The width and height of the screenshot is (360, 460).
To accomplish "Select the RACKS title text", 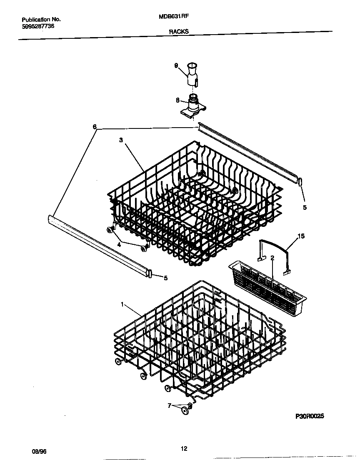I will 179,31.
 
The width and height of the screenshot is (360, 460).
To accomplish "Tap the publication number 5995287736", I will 37,26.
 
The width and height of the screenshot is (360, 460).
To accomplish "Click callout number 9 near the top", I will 176,65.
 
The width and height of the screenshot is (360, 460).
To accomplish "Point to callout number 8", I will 177,100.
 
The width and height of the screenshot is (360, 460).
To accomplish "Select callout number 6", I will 95,126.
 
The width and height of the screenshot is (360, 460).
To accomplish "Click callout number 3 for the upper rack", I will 121,141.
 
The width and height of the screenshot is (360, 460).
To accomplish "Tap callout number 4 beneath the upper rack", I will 119,245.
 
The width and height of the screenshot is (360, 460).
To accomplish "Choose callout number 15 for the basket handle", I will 301,236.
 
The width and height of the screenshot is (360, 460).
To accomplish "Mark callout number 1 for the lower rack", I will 122,305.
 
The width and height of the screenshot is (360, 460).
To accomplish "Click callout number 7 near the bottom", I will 170,405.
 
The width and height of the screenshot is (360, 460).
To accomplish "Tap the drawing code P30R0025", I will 310,416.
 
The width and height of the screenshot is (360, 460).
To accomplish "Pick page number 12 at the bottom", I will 184,449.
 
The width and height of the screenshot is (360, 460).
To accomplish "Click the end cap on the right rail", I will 300,182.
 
